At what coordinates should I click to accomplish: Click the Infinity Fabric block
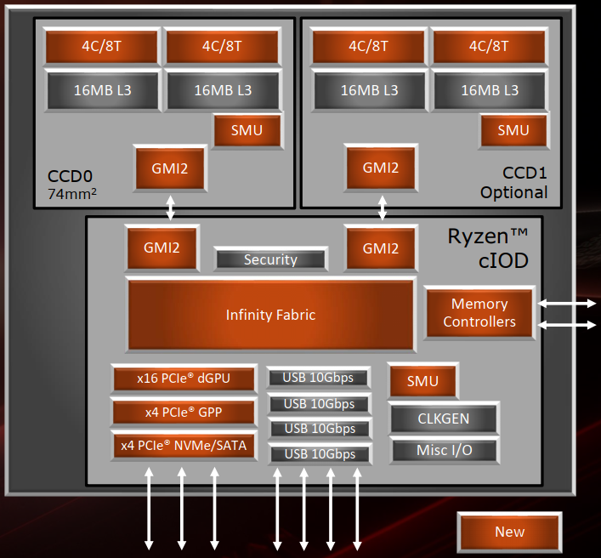point(270,315)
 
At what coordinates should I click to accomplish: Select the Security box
point(270,259)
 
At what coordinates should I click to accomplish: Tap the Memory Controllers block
point(479,313)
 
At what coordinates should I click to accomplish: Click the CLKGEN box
point(444,418)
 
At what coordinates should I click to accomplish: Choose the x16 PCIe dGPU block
point(184,379)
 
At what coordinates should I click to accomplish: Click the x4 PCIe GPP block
point(184,413)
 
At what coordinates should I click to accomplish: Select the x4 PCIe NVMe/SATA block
point(184,445)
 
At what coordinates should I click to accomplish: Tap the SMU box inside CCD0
point(247,130)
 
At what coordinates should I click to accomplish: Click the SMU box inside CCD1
point(513,130)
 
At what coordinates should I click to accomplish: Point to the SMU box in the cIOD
point(422,381)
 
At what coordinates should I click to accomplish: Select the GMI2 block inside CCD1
point(380,168)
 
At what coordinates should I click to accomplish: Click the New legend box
point(509,532)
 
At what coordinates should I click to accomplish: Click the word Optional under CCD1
point(513,192)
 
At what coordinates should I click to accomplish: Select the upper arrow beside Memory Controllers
point(568,304)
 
